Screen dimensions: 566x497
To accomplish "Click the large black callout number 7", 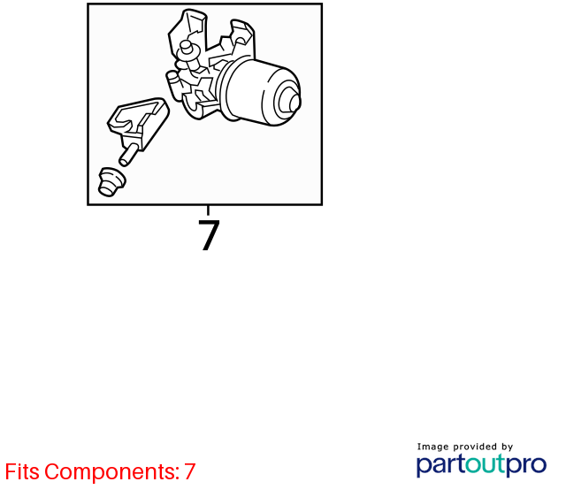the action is (x=209, y=235).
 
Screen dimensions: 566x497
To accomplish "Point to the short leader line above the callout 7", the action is (x=208, y=210).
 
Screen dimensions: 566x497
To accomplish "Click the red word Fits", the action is (x=22, y=471).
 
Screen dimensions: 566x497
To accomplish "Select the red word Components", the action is (x=112, y=471).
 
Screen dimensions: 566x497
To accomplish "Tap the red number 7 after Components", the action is (x=190, y=471).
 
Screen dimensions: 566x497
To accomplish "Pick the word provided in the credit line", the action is (x=475, y=447).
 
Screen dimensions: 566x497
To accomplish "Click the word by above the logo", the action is (x=507, y=447).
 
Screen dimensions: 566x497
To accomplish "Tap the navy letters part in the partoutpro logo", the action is (x=440, y=465).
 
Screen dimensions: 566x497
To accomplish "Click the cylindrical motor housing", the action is (x=264, y=92).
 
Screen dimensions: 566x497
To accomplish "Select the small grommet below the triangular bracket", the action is (x=112, y=182).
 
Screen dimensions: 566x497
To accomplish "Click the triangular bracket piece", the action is (x=139, y=122).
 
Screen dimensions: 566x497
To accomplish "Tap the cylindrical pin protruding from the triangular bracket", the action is (x=128, y=155).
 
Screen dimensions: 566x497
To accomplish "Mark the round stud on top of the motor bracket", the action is (x=187, y=48).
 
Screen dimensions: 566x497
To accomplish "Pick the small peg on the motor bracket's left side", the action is (x=172, y=78).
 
